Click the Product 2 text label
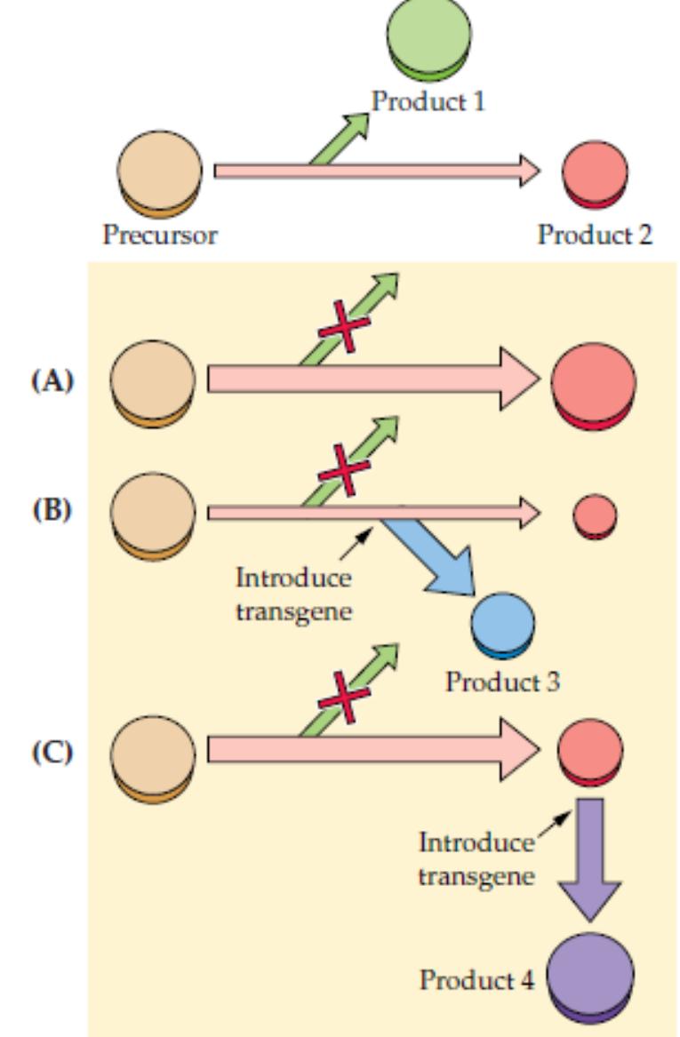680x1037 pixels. click(595, 235)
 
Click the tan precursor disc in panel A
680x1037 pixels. click(152, 383)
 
